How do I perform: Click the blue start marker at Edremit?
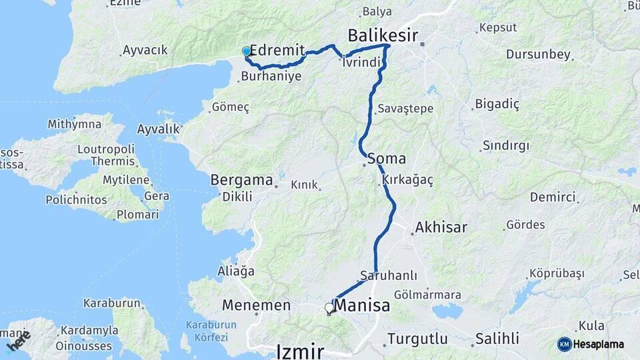point(247,51)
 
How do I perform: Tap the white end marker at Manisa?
point(329,308)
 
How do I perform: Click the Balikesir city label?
point(383,35)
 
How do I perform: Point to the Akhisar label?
point(441,228)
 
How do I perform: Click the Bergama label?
point(241,179)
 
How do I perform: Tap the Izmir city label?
point(300,351)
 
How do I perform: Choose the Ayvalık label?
point(159,129)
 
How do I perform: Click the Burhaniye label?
point(271,77)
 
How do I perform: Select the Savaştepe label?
point(405,108)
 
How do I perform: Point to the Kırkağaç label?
point(408,180)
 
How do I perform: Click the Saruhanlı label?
point(389,275)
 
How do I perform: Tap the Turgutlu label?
point(417,338)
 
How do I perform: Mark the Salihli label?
point(497,338)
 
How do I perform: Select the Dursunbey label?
point(538,54)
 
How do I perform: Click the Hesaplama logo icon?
point(565,344)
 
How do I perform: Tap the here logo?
point(18,341)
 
